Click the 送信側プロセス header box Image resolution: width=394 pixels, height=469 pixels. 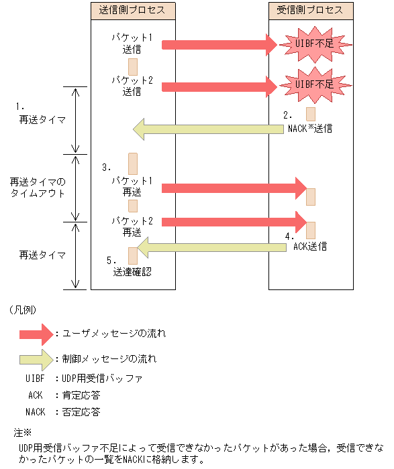(x=132, y=10)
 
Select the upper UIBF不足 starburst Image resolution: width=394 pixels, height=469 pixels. (x=314, y=44)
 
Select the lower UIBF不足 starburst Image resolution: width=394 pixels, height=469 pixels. (x=314, y=85)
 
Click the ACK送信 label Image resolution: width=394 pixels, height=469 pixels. (x=311, y=247)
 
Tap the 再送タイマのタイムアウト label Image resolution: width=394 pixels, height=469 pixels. (x=38, y=188)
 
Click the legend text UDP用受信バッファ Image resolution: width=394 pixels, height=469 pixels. (x=102, y=379)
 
